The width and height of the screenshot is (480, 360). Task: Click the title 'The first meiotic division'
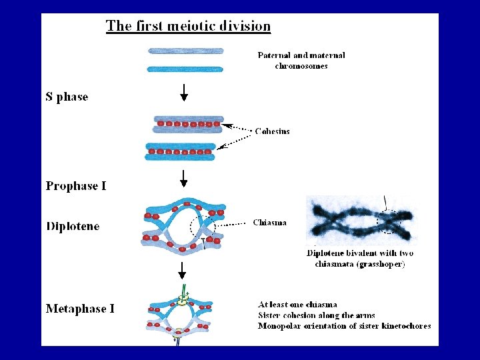(188, 27)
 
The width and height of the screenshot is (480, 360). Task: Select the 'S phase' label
(67, 97)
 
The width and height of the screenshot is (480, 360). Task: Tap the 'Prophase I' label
(76, 186)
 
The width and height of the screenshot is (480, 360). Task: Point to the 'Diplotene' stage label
(73, 227)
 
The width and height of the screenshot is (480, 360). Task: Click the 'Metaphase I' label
(80, 309)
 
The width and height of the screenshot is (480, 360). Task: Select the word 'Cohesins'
(272, 131)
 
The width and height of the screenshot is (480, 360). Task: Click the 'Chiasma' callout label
(270, 223)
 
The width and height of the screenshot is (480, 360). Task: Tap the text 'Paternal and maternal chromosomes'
(301, 61)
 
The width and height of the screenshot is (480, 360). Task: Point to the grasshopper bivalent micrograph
(360, 220)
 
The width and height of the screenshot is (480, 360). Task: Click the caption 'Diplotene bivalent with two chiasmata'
(360, 258)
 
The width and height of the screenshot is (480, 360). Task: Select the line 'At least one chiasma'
(297, 305)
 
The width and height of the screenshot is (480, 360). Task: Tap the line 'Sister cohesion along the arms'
(316, 315)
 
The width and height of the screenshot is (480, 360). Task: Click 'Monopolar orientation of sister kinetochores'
(344, 326)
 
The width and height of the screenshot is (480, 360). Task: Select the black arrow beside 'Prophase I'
(184, 179)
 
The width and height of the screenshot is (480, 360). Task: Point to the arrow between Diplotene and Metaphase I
(181, 269)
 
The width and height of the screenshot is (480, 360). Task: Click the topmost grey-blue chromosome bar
(185, 51)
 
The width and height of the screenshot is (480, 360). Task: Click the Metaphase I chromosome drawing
(179, 316)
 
